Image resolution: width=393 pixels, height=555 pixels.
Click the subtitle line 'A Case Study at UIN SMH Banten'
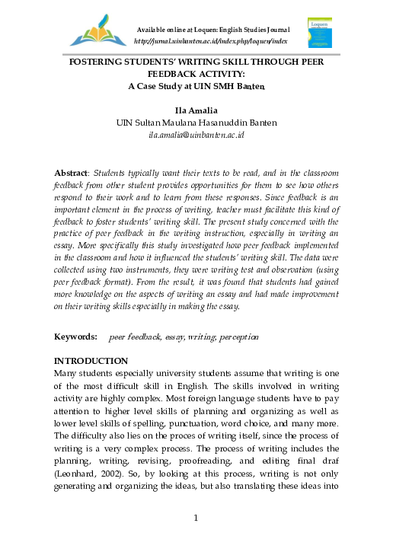[x=196, y=87]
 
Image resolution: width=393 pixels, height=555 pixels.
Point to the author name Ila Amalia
[x=196, y=111]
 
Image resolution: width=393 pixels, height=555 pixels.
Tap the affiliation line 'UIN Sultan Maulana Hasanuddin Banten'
[x=196, y=123]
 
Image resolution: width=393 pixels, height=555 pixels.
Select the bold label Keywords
[x=75, y=336]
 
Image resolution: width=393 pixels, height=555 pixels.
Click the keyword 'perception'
[x=236, y=336]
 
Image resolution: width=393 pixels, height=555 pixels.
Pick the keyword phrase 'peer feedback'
[x=134, y=336]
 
